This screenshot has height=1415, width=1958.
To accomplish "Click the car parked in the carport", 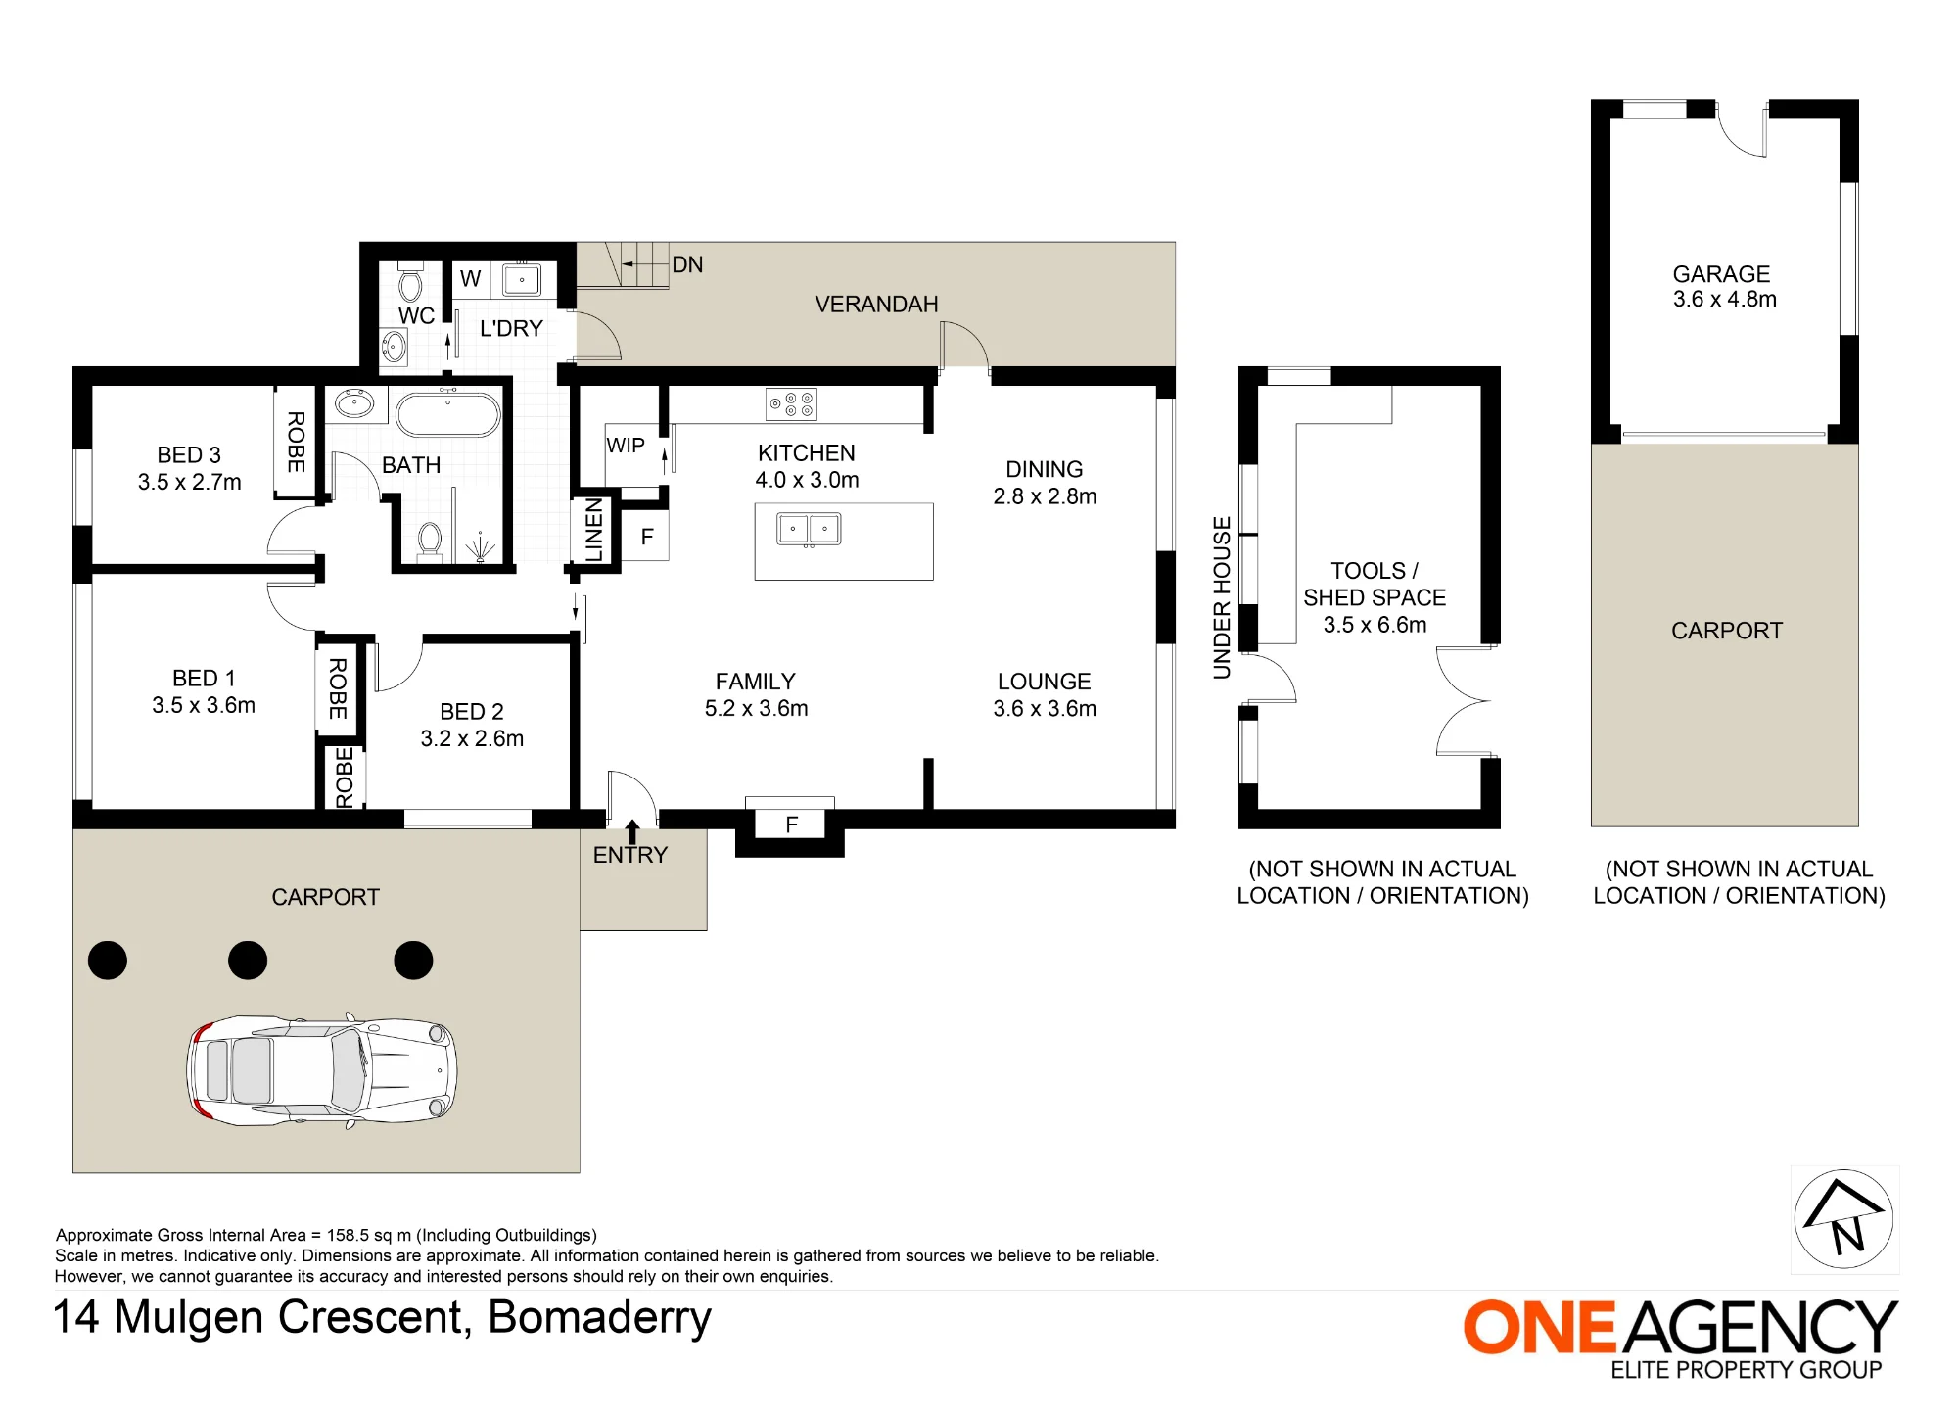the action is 322,1070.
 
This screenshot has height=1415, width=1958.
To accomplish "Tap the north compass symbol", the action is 1844,1219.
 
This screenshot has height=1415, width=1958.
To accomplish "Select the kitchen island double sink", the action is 809,529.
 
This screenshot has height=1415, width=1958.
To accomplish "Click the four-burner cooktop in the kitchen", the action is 791,404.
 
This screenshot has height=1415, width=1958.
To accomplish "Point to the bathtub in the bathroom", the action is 448,414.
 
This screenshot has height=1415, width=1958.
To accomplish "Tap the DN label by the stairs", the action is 687,264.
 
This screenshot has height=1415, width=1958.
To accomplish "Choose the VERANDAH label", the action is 876,305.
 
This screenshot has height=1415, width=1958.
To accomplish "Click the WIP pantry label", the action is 626,446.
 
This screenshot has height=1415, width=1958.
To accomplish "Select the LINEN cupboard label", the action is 594,530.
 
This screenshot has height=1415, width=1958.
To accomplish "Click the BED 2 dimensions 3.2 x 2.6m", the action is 472,738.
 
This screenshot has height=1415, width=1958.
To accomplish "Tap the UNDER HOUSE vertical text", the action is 1222,597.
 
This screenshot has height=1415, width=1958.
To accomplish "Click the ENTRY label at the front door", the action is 630,855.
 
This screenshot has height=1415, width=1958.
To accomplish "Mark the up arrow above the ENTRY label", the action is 632,831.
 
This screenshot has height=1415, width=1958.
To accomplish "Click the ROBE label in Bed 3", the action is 296,442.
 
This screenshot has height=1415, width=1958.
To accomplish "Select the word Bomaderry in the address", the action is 599,1318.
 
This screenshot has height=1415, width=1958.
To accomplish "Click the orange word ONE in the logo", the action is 1540,1328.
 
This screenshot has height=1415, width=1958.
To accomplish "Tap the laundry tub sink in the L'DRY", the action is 521,279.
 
